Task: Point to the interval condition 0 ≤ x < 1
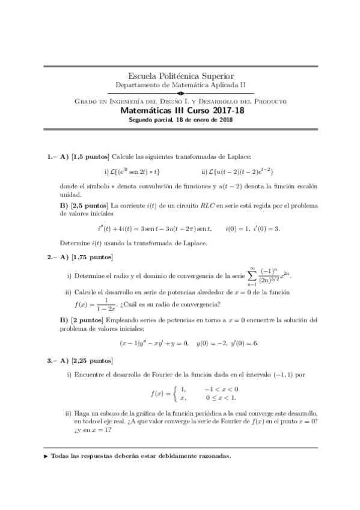[x=220, y=398]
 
